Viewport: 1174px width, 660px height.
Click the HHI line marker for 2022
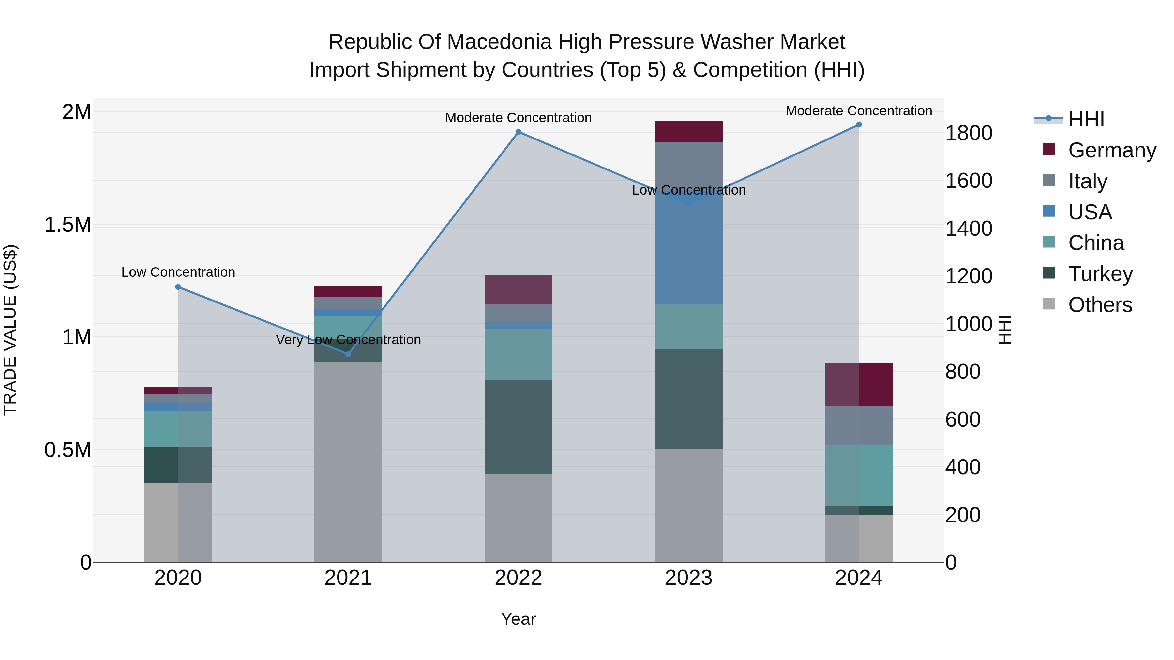coord(518,132)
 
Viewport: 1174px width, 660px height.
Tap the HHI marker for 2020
coord(178,287)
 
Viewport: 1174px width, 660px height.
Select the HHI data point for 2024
coord(859,125)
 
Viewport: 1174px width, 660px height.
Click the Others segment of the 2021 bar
coord(348,462)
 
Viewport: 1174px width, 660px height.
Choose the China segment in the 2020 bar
coord(178,429)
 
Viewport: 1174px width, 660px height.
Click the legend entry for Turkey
coord(1099,274)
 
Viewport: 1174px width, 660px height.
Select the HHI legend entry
coord(1086,119)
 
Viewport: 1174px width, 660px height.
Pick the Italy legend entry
coord(1087,181)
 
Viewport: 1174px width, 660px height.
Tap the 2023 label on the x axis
coord(688,578)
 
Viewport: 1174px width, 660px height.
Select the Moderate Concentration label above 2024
coord(858,111)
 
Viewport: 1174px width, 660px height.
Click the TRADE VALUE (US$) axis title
coord(10,330)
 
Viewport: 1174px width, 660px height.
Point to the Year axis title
coord(518,619)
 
